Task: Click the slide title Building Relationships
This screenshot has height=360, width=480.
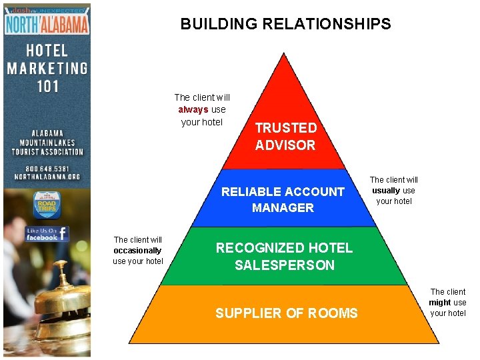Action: (285, 25)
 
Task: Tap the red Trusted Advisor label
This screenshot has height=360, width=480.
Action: (285, 136)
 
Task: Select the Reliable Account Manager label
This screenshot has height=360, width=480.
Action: (283, 199)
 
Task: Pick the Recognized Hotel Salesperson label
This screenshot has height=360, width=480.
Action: (284, 256)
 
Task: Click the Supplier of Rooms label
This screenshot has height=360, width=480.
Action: (286, 313)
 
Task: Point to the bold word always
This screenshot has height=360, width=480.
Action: (193, 110)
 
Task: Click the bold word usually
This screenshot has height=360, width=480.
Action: (386, 190)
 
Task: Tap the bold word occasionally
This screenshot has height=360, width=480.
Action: (137, 251)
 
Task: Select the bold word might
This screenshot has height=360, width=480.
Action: (439, 303)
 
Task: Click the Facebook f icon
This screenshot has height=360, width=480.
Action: (62, 234)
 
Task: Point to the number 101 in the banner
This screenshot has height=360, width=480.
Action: (47, 86)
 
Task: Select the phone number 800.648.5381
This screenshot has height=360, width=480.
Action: (47, 168)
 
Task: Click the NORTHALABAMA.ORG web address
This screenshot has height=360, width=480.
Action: (47, 177)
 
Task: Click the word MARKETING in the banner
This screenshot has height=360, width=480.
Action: (47, 68)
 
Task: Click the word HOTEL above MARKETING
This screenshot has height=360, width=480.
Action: (47, 50)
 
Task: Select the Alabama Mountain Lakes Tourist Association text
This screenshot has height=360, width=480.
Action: (47, 142)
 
